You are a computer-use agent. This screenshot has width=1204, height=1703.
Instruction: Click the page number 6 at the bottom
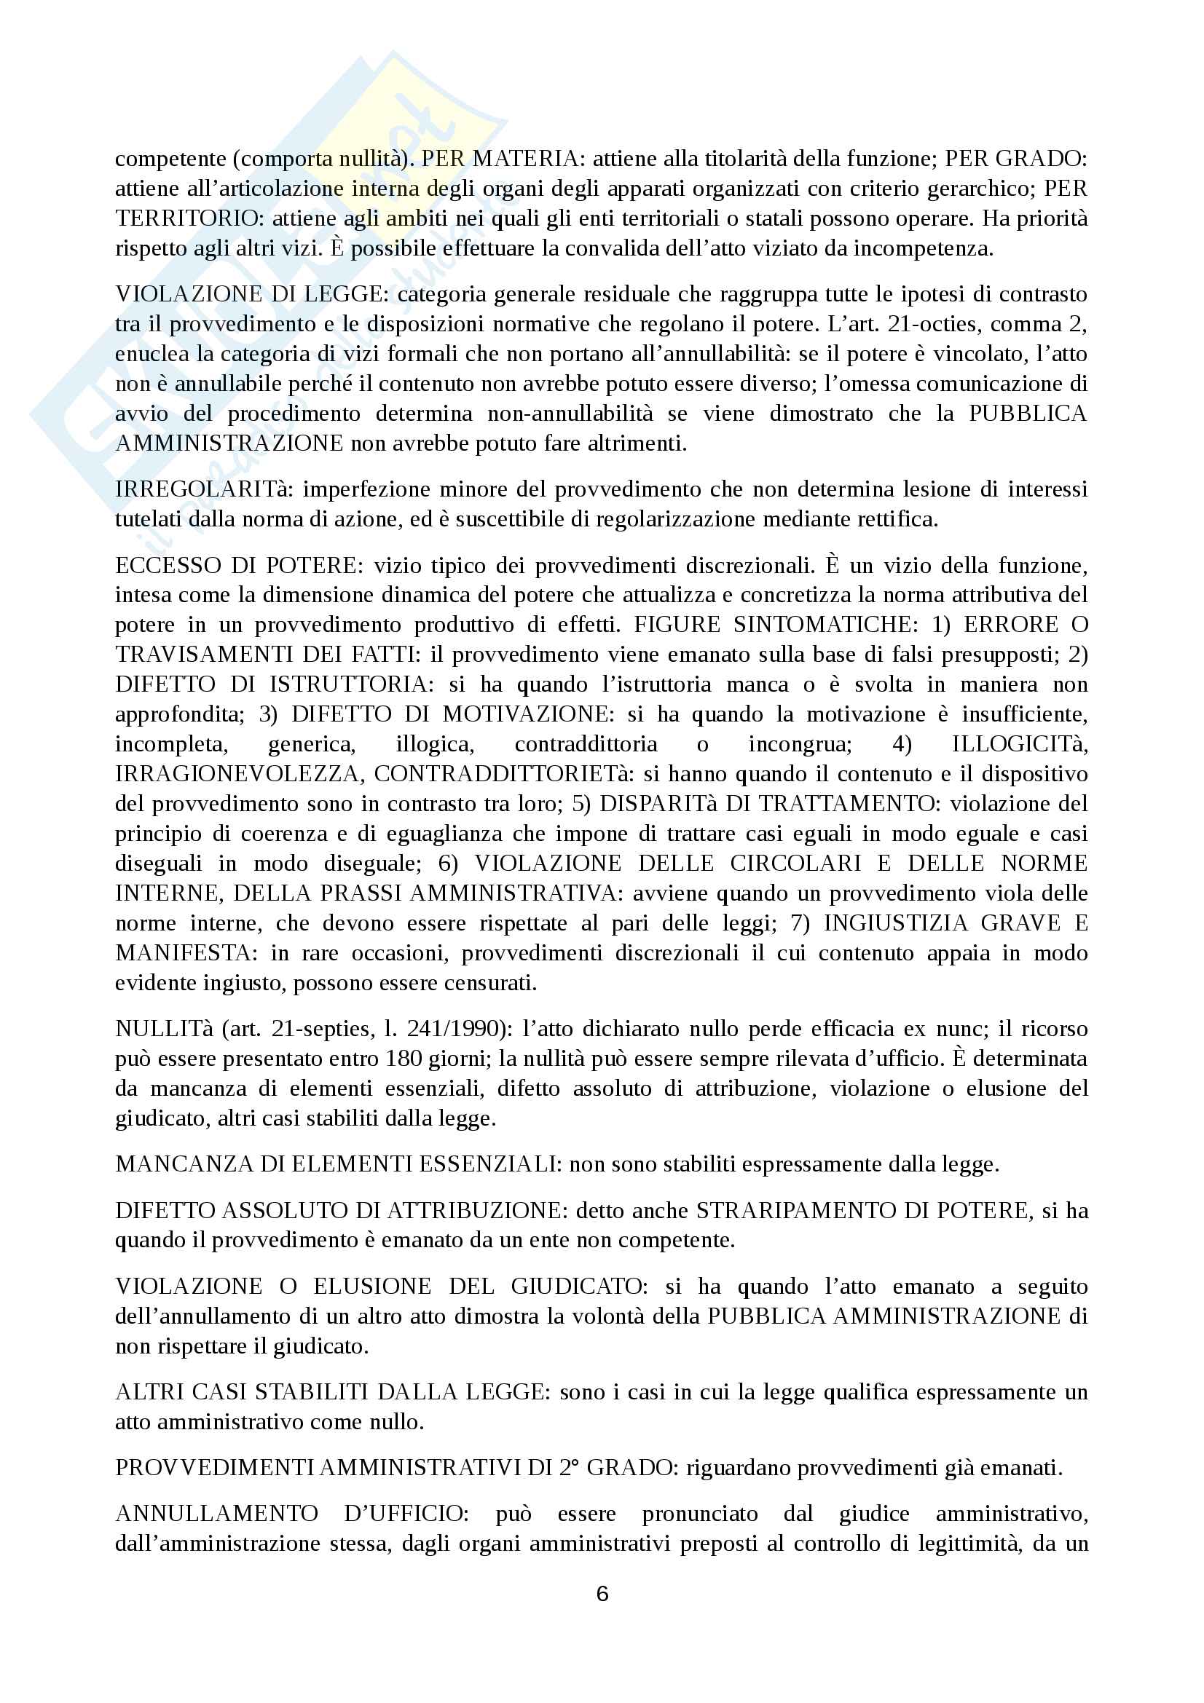tap(602, 1593)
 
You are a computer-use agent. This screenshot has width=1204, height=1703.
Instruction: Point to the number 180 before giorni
tap(404, 1059)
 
